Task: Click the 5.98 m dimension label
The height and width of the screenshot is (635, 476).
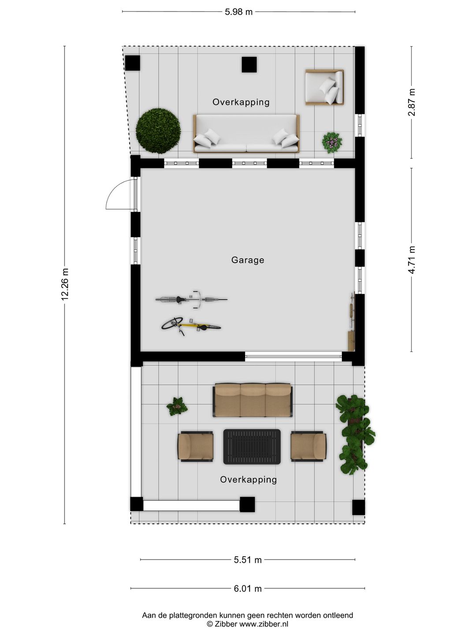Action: tap(238, 12)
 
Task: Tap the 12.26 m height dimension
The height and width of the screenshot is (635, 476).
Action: tap(65, 284)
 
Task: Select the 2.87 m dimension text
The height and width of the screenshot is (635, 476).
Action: tap(411, 102)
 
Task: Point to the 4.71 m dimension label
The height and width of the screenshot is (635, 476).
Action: tap(411, 260)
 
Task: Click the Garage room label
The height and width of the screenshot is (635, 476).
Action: tap(248, 260)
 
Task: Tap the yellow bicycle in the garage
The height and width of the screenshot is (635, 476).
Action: tap(191, 326)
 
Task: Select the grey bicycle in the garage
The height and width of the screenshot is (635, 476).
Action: tap(191, 299)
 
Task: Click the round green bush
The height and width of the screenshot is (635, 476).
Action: tap(158, 131)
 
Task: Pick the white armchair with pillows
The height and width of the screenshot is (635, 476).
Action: tap(324, 87)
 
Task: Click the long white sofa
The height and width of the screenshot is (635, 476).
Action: tap(246, 133)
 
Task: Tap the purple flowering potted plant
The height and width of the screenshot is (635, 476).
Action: tap(332, 142)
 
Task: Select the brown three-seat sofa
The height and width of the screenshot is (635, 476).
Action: tap(253, 400)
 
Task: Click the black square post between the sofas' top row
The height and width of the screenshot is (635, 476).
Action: tap(249, 64)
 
